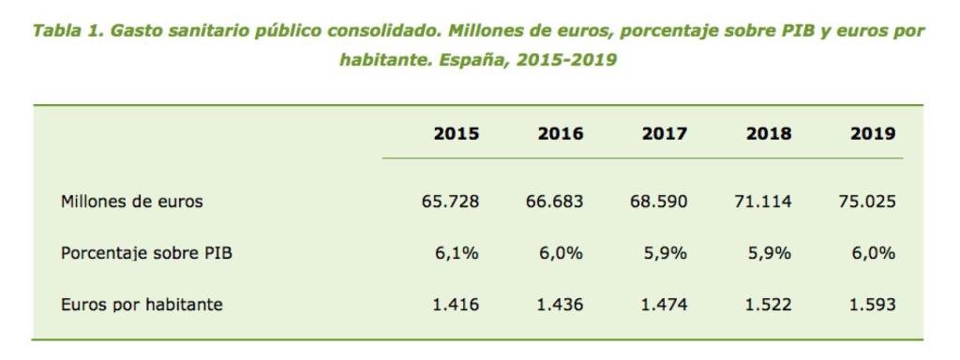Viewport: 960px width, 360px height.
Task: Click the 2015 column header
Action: (x=457, y=134)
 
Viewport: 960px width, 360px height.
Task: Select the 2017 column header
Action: (x=665, y=134)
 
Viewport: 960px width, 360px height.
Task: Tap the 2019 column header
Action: (x=873, y=134)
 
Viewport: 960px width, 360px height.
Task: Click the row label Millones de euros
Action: (x=131, y=201)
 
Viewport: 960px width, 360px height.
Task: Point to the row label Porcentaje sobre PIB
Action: (x=146, y=252)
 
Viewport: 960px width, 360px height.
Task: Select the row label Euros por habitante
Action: (x=142, y=305)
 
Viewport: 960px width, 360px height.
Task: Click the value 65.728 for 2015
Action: (x=451, y=201)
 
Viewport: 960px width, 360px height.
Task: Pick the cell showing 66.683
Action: (x=555, y=201)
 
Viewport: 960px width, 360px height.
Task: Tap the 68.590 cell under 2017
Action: (x=659, y=201)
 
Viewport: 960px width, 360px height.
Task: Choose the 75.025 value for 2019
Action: (x=867, y=201)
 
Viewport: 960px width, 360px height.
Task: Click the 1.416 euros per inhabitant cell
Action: (x=457, y=305)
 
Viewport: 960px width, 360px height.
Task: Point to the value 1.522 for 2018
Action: (x=769, y=305)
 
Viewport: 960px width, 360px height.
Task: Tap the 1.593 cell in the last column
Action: (x=873, y=305)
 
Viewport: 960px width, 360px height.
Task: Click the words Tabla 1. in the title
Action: (x=67, y=29)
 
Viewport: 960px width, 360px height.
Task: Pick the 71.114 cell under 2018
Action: (x=763, y=201)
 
